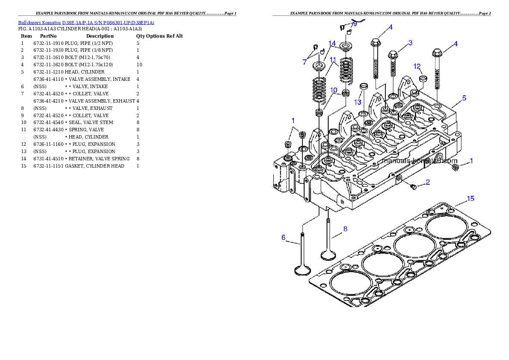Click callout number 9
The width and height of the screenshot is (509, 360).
tap(355, 24)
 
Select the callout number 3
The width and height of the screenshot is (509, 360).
tap(410, 43)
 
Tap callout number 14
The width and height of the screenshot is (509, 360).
tap(332, 43)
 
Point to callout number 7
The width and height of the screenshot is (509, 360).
tap(305, 62)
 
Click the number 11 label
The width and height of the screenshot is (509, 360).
tap(333, 60)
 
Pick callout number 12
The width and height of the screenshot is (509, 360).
tap(417, 66)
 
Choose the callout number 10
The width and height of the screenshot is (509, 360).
tap(334, 90)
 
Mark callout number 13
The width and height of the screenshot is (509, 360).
tap(358, 102)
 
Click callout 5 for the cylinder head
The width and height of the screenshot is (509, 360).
tap(464, 98)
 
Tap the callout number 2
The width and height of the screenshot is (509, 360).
tap(428, 182)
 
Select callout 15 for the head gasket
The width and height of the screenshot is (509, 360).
tap(470, 198)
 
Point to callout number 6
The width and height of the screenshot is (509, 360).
tap(283, 237)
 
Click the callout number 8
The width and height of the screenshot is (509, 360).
tap(345, 229)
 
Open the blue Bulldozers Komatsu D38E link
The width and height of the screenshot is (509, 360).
tap(86, 22)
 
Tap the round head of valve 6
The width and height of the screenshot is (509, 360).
tap(302, 271)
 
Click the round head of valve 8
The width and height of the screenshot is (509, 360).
tap(328, 256)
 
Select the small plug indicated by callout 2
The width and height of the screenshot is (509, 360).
tap(414, 187)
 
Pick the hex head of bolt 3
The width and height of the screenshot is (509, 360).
tap(393, 54)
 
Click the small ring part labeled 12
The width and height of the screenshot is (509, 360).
tap(423, 79)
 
